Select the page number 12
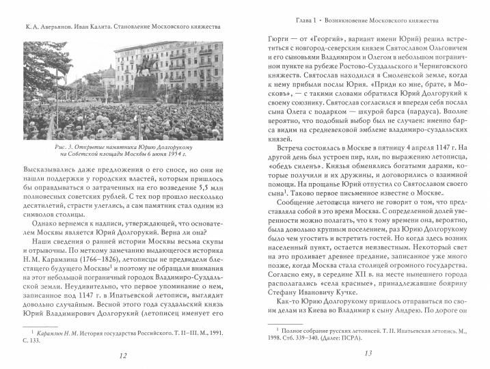click(122, 355)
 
